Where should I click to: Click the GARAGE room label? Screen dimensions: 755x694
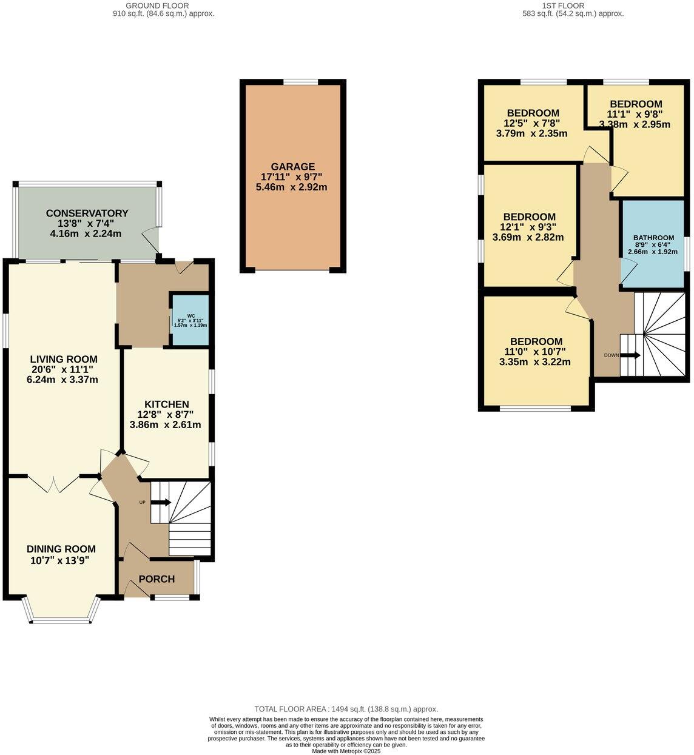[x=292, y=166]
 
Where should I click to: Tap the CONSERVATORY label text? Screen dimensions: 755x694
[x=87, y=213]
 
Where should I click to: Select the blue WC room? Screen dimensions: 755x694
[x=190, y=320]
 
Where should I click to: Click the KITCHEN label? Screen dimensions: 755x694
[x=166, y=404]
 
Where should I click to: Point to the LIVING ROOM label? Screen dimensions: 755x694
[x=64, y=359]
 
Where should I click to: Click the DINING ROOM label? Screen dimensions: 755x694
[x=61, y=549]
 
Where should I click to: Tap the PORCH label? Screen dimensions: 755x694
[x=157, y=579]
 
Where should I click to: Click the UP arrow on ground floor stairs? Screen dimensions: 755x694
[x=160, y=502]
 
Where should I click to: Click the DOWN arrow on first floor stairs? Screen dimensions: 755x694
[x=630, y=355]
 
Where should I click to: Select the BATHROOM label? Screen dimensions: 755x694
[x=653, y=237]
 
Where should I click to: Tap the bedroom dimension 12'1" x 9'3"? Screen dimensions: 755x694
[x=529, y=227]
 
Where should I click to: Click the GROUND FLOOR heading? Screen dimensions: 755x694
[x=163, y=5]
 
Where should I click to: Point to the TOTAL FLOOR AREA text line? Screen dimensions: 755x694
[x=346, y=709]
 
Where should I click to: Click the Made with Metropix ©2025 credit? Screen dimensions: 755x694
[x=346, y=751]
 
